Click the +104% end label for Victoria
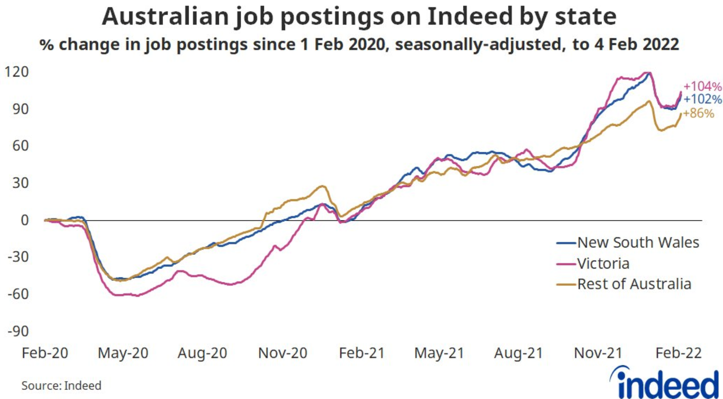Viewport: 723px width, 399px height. point(703,86)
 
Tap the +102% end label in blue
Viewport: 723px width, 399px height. point(703,99)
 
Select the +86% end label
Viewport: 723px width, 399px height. point(699,113)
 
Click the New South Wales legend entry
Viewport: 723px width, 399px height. point(638,243)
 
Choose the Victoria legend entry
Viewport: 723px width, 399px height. point(603,264)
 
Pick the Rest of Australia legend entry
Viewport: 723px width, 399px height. point(634,284)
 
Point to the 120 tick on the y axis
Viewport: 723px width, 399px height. point(16,72)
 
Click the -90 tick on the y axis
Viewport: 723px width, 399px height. point(18,331)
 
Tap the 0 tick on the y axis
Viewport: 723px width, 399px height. point(25,220)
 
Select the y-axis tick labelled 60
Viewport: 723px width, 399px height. point(20,146)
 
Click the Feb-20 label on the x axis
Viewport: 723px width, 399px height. point(45,353)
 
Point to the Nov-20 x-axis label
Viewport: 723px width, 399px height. point(282,353)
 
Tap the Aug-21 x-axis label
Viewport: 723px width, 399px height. point(519,353)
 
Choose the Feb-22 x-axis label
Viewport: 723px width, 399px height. point(678,353)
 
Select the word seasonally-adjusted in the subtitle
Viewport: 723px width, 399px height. point(478,45)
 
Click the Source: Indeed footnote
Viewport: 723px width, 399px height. point(61,386)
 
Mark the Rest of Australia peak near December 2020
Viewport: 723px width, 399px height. point(322,186)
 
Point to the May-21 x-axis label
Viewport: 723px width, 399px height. point(439,353)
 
